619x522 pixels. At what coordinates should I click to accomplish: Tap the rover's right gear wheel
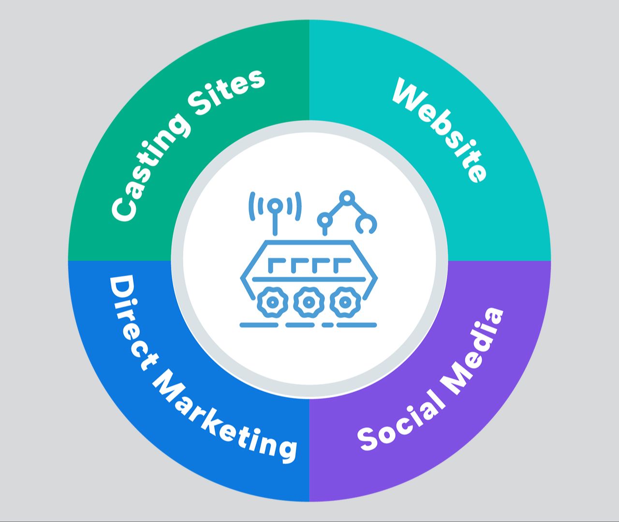click(x=344, y=302)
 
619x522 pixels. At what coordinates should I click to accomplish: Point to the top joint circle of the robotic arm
click(x=347, y=198)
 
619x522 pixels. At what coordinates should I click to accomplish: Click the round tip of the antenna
click(x=275, y=206)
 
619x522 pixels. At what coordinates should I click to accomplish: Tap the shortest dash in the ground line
click(x=327, y=325)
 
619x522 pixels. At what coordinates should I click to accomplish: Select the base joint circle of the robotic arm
click(x=325, y=221)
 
